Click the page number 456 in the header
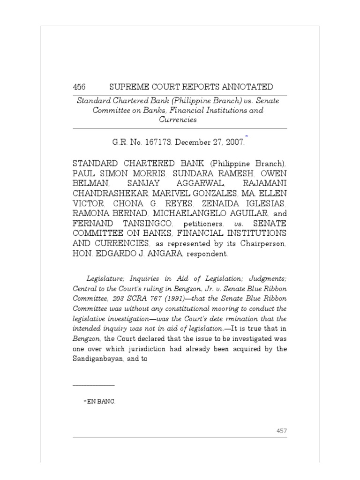[x=79, y=87]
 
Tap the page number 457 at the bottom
[x=281, y=431]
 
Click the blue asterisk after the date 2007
[x=246, y=135]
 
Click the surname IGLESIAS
[x=260, y=203]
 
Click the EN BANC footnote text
[x=98, y=402]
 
